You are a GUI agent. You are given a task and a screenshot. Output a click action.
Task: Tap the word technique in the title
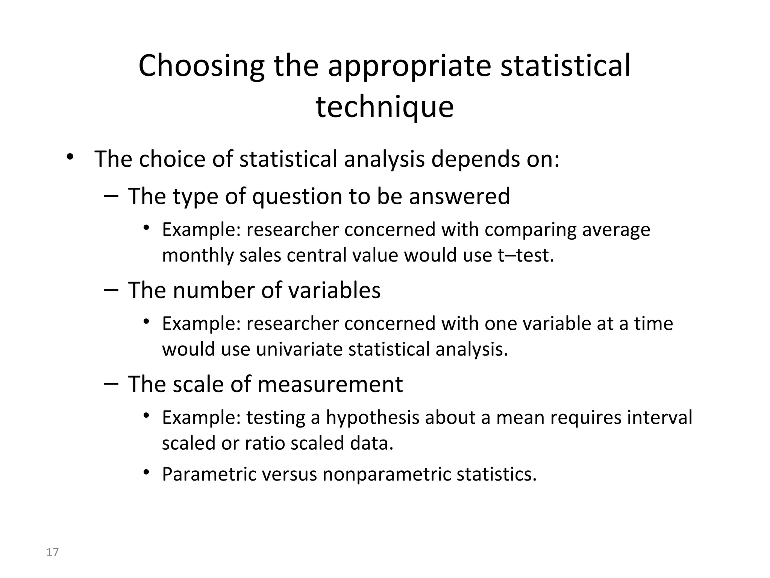(x=385, y=107)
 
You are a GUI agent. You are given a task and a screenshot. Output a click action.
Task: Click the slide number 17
(x=53, y=552)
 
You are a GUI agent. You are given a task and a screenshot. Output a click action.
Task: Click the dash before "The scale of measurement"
(x=111, y=383)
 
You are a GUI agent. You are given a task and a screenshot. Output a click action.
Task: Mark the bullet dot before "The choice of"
(x=69, y=157)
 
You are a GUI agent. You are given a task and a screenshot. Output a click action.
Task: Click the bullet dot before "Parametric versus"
(x=146, y=472)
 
